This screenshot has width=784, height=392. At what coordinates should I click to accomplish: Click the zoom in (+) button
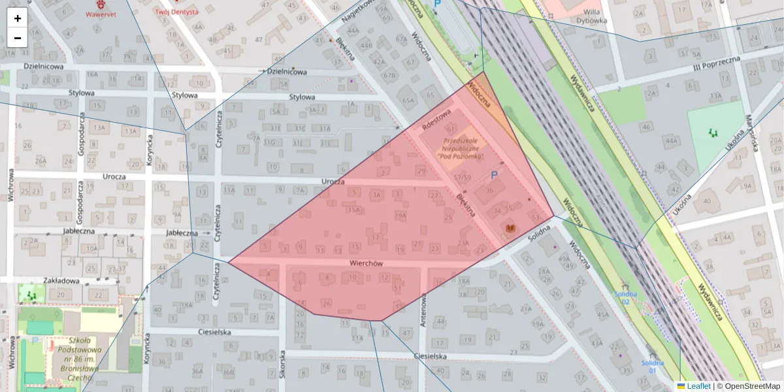[18, 18]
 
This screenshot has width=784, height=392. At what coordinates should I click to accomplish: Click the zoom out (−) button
[18, 38]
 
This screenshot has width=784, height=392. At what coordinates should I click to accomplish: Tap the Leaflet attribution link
[698, 386]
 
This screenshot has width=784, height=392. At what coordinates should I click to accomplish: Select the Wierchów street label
[366, 263]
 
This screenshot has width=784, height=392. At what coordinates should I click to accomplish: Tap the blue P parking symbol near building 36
[494, 175]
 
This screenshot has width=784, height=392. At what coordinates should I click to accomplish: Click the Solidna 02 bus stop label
[625, 297]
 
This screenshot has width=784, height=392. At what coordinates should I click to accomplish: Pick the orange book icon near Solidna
[510, 227]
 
